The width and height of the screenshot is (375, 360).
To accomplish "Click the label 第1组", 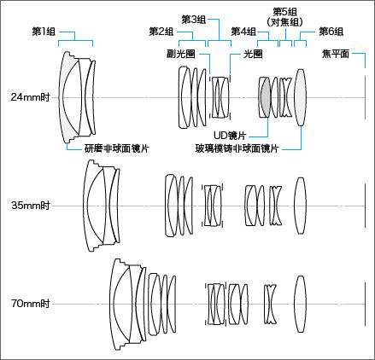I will [44, 32].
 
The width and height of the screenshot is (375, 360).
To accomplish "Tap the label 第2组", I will [161, 32].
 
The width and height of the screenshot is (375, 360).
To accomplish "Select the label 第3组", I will [193, 19].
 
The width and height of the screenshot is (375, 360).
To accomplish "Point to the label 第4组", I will [243, 32].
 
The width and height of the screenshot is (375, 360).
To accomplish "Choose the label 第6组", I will [331, 32].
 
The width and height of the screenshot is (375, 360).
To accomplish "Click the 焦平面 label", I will [335, 54].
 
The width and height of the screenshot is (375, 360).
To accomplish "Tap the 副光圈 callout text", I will [180, 54].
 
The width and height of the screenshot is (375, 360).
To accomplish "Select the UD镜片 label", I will [231, 135].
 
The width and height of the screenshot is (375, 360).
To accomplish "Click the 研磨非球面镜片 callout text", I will [116, 148].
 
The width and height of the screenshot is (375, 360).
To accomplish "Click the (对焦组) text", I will [284, 21].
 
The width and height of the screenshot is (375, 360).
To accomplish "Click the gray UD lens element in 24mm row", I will [266, 96].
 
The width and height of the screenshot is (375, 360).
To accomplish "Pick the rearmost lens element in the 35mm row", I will [300, 205].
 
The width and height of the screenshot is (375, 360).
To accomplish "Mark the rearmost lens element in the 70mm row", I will [299, 303].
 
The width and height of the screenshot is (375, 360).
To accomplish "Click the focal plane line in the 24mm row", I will [365, 96].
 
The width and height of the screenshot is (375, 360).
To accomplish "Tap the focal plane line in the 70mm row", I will [365, 303].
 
